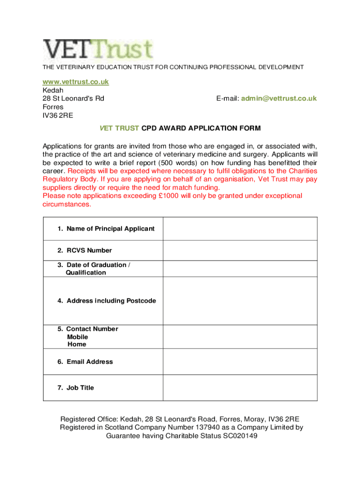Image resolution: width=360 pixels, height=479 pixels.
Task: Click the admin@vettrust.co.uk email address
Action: [x=280, y=98]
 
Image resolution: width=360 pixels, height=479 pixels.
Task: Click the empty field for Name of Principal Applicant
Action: [x=240, y=229]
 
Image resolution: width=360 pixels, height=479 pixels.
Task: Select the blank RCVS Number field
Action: [x=240, y=250]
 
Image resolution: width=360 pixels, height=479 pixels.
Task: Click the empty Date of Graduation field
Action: [x=240, y=269]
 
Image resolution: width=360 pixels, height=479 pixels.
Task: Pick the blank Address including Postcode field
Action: [x=240, y=301]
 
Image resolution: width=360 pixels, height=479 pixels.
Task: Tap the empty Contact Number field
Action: [x=240, y=336]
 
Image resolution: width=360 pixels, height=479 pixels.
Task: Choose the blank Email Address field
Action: [x=240, y=362]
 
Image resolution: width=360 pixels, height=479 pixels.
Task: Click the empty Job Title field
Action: [x=240, y=388]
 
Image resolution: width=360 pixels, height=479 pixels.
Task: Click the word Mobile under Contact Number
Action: [x=77, y=337]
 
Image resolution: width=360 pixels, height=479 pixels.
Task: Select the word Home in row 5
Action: [x=77, y=344]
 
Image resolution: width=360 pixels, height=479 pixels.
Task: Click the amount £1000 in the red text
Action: [x=168, y=196]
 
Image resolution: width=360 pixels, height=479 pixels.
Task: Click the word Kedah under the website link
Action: [x=53, y=90]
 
